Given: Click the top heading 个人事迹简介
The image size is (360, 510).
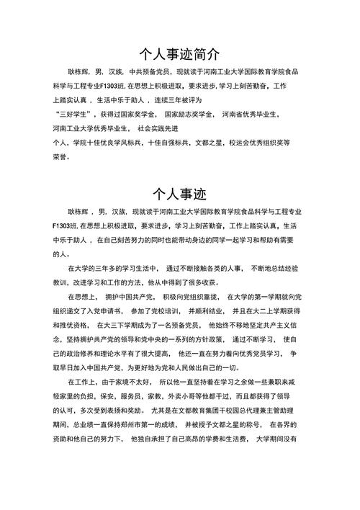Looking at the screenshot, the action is [180, 55].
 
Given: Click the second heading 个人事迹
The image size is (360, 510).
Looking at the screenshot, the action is [180, 194].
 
